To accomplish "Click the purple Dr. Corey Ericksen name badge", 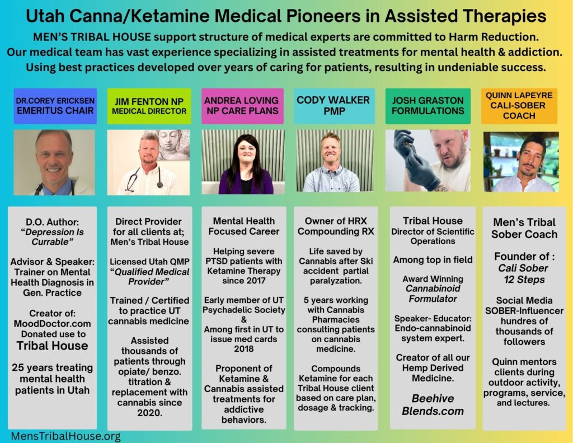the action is pos(55,106).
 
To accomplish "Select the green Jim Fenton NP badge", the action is pos(149,106).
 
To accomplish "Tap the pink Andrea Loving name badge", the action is pos(243,106).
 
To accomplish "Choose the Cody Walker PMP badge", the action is pos(335,106).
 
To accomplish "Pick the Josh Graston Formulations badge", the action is pos(428,106).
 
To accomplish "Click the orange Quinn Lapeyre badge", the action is pos(519,106).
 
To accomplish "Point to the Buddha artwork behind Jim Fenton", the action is pos(173,145).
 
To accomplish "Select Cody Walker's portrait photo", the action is pos(335,161).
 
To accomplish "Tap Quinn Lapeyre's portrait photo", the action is pos(521,162).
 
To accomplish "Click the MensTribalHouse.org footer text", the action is pos(66,436).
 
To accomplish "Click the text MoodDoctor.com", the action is pos(52,324).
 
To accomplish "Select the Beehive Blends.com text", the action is pos(433,404).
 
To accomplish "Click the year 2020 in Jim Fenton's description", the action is pos(149,413).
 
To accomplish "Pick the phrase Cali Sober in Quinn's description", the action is pos(523,268).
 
